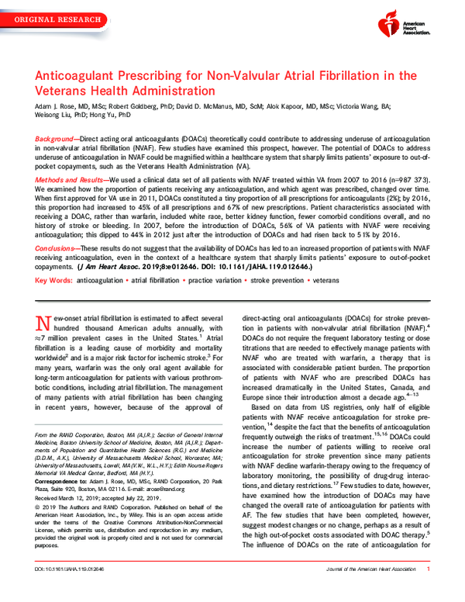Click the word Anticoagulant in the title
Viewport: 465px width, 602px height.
(x=79, y=76)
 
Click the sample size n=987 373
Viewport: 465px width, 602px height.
(x=415, y=178)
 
